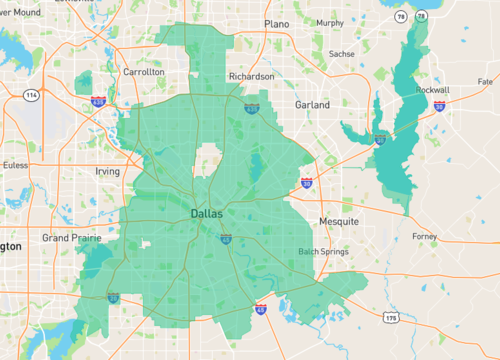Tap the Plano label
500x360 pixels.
[277, 23]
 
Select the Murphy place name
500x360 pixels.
[329, 23]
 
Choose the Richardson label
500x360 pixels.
[251, 76]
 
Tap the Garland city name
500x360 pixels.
[312, 104]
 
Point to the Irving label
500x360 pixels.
[107, 171]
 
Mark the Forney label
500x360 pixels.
[424, 236]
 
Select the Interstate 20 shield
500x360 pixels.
[115, 297]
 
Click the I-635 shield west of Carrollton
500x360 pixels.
[98, 101]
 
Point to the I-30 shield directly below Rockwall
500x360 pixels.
[439, 106]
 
